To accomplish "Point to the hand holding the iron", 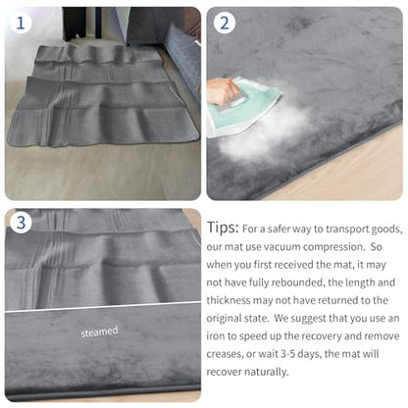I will [x=222, y=92].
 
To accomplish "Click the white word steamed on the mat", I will [x=99, y=331].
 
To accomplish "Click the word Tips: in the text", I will [x=223, y=228].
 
